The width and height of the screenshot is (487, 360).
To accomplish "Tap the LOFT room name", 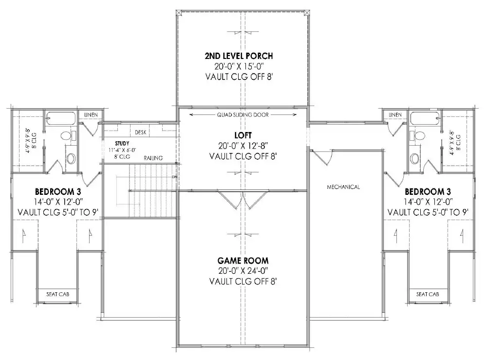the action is point(243,135).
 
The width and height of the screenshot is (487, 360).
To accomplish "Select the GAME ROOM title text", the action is point(243,261).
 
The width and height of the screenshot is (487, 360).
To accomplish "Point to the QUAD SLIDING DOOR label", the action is point(243,115).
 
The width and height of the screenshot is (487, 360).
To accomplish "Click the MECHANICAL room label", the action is point(343,187).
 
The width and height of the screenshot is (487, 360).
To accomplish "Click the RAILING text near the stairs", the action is point(153,158).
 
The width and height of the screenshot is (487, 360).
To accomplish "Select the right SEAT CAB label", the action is point(428,294).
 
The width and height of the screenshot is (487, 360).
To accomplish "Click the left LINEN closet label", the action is point(91,114).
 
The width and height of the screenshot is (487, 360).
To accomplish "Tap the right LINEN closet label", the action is point(394,114).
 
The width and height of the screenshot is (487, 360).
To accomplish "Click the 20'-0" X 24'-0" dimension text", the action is point(243,271).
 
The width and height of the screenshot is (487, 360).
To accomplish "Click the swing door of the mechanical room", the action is point(321,158).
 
